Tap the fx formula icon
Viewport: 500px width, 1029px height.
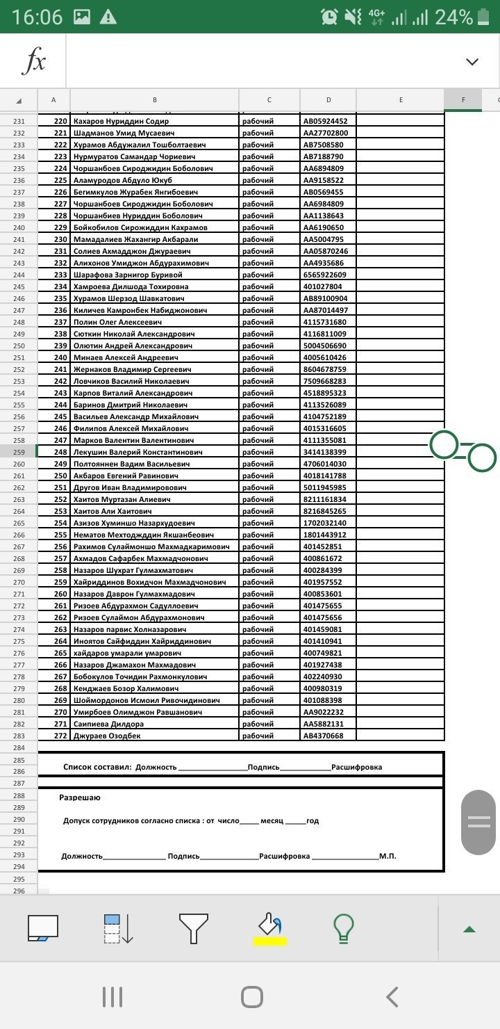coord(33,61)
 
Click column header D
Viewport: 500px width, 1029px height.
coord(328,100)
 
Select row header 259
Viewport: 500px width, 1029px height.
coord(19,452)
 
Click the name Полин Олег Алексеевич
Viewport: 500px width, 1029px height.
coord(117,322)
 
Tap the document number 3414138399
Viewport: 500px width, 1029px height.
coord(324,452)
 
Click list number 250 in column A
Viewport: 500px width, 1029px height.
coord(60,476)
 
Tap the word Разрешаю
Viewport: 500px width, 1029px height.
coord(80,797)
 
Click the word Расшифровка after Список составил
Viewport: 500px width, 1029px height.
coord(356,767)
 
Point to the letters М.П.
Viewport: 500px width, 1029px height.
coord(387,856)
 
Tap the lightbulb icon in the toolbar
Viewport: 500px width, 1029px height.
coord(342,927)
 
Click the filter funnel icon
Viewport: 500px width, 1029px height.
coord(194,928)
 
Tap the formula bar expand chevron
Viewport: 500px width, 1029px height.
coord(472,61)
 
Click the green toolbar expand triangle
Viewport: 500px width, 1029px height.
coord(469,929)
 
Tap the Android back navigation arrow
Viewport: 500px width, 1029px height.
coord(392,997)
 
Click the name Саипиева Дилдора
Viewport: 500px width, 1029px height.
coord(109,724)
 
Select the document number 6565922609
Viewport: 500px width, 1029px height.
coord(324,275)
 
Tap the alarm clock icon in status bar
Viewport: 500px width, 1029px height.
coord(330,17)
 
